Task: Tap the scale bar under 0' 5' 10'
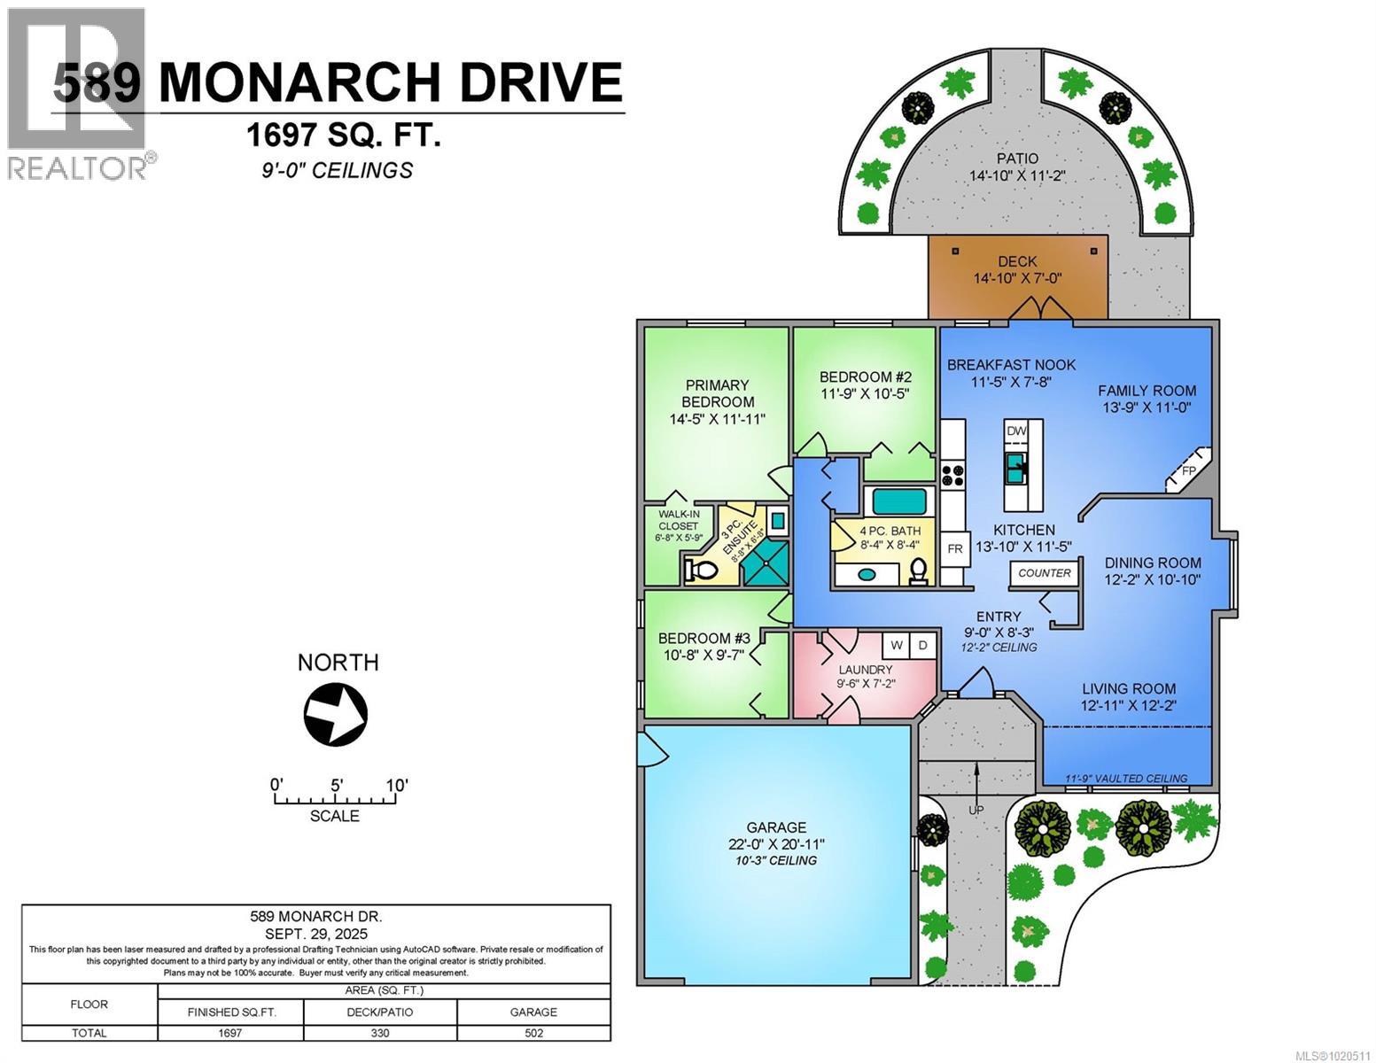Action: click(334, 800)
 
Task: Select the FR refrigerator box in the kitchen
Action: click(954, 549)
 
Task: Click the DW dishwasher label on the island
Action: click(1016, 431)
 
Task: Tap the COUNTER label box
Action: click(1045, 573)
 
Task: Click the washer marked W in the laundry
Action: click(897, 645)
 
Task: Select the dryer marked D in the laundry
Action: click(922, 645)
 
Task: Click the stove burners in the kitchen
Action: click(952, 475)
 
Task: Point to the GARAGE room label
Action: click(775, 827)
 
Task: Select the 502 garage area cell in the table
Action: click(533, 1033)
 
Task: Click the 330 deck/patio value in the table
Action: click(380, 1033)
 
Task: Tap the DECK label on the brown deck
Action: click(1017, 261)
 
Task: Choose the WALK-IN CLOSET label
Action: click(679, 520)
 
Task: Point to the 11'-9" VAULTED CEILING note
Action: click(1126, 779)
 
